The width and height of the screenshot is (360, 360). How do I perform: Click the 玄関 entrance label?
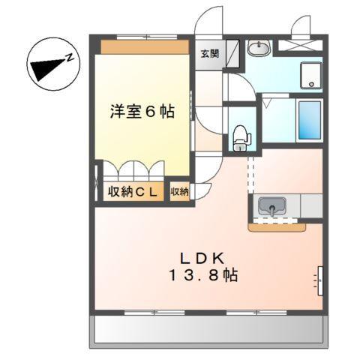pos(209,53)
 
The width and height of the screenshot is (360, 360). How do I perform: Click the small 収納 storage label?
pos(179,192)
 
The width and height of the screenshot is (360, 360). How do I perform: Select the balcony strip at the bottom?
pos(209,330)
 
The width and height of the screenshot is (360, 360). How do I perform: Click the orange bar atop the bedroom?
pos(144,46)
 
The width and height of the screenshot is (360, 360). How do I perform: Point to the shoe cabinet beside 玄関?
pos(232,54)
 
